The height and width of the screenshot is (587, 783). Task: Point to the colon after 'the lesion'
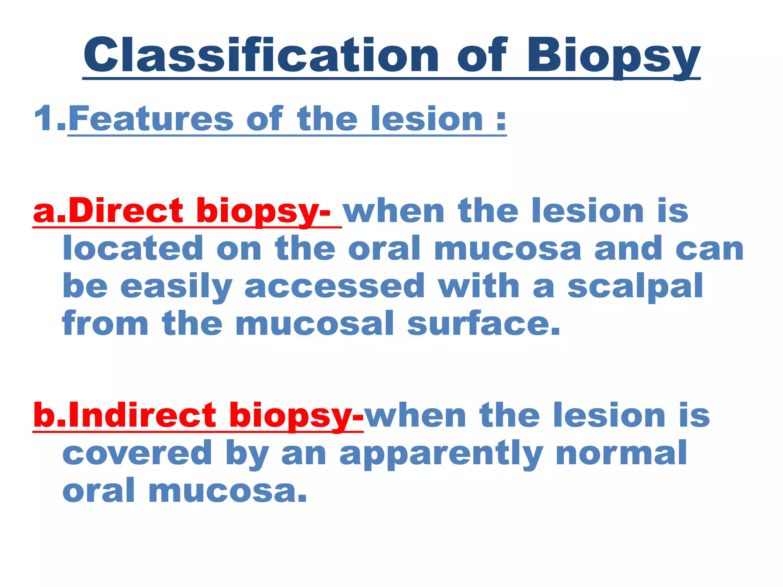[501, 121]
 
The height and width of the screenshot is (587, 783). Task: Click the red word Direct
[126, 211]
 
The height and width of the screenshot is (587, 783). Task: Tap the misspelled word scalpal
[635, 287]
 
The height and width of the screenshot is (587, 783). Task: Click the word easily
[176, 287]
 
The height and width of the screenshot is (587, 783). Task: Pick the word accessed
[335, 287]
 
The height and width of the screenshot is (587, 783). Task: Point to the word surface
[483, 324]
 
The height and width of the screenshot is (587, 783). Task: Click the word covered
[137, 452]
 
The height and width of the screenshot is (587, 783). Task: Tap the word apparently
[441, 452]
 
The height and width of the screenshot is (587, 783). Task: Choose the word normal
[621, 452]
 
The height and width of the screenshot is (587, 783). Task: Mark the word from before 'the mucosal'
[105, 324]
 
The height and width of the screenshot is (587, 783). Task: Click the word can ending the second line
[709, 249]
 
